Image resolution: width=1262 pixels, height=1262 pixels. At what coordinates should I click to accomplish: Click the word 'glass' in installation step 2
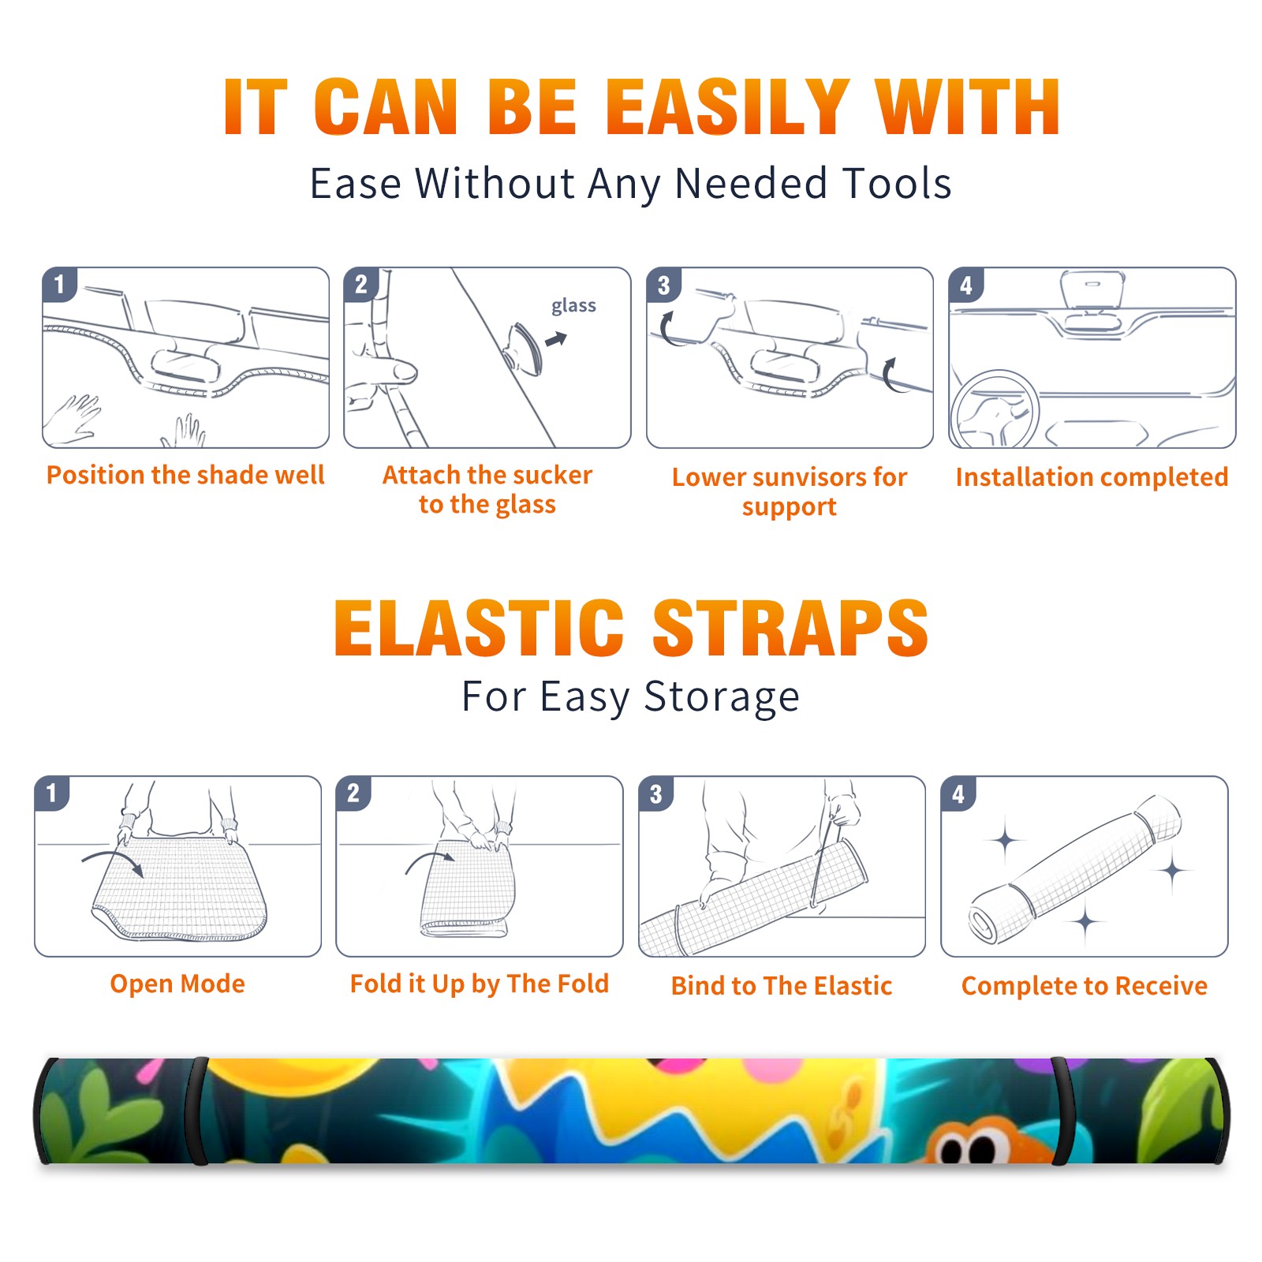[x=573, y=306]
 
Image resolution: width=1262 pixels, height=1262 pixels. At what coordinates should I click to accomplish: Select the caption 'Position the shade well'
[x=185, y=475]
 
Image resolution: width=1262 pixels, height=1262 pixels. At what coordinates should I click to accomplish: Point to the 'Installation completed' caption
[x=1092, y=477]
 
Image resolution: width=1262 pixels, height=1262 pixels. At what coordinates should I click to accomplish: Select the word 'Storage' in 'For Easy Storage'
[x=722, y=697]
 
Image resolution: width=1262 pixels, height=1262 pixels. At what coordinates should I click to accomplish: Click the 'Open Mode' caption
[x=177, y=984]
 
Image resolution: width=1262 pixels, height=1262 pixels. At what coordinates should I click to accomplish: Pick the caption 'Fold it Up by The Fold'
[x=480, y=984]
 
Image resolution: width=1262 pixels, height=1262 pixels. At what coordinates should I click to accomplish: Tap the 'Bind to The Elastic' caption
[x=782, y=986]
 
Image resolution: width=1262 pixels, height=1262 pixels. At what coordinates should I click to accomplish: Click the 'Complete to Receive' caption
[x=1085, y=987]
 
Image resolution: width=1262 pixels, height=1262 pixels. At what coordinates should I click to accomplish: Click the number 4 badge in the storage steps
[x=958, y=794]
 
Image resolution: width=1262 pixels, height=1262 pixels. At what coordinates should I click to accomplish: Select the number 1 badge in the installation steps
[x=59, y=284]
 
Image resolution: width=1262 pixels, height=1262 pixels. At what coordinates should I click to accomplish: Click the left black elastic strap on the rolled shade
[x=197, y=1111]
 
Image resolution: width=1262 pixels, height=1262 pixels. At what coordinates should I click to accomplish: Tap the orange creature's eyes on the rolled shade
[x=969, y=1150]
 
